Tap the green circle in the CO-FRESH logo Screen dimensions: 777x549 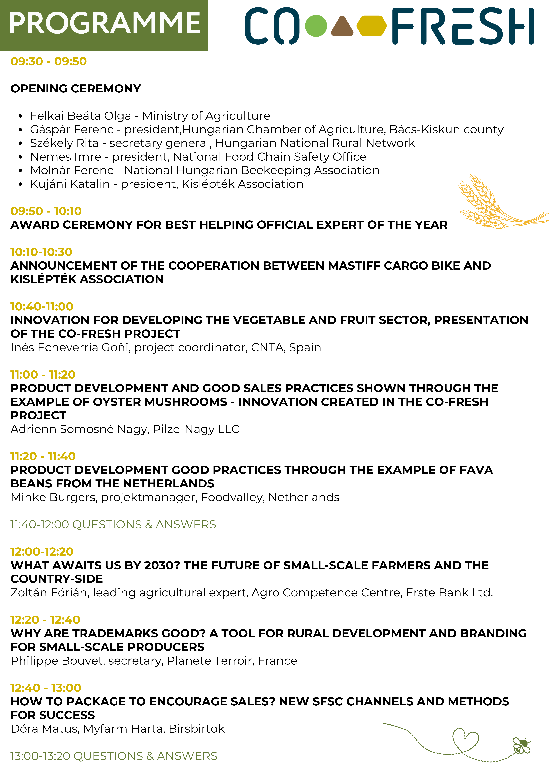[x=316, y=26]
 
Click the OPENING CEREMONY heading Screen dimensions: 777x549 [x=76, y=89]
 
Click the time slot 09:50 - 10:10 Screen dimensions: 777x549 [x=46, y=211]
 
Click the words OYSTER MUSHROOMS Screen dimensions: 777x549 [x=160, y=402]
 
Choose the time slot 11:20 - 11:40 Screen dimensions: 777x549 [x=43, y=457]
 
